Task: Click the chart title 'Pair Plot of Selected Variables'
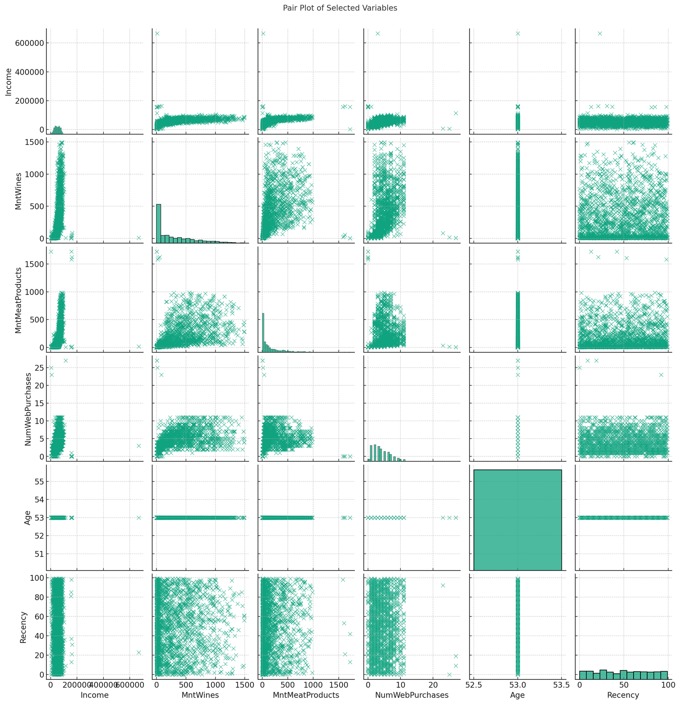pos(340,8)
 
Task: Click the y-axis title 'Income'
pos(8,81)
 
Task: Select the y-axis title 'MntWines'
pos(18,191)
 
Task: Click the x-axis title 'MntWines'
pos(200,695)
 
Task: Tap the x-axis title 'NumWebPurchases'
pos(412,695)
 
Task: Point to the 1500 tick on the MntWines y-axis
pos(34,142)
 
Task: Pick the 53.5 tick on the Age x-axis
pos(561,684)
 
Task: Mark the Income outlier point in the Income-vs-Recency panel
pos(600,34)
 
